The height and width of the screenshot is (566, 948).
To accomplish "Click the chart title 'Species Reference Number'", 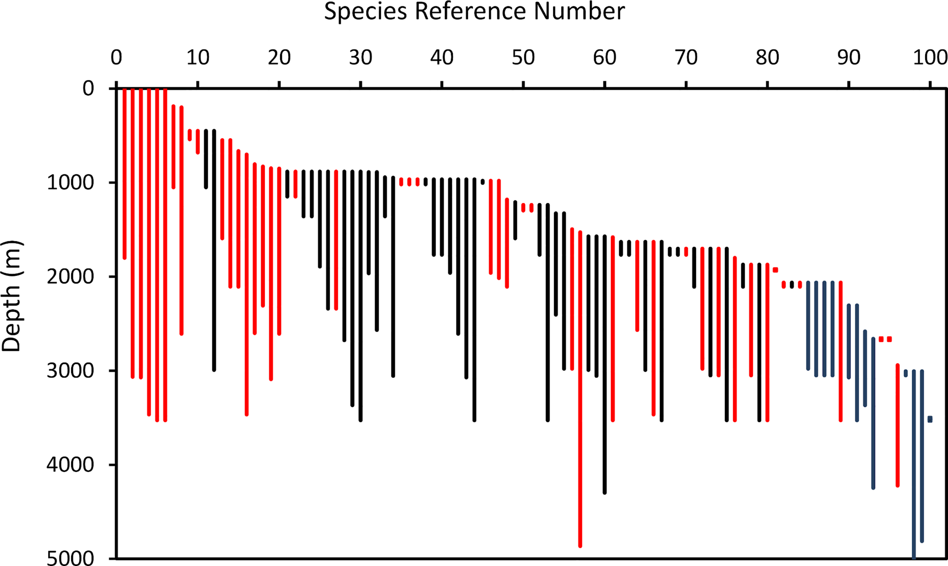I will click(x=474, y=11).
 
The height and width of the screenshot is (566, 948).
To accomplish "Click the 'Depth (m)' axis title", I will click(x=11, y=296).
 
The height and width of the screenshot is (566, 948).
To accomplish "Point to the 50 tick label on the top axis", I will click(x=523, y=58).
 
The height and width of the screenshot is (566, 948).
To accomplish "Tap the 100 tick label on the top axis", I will click(x=930, y=58).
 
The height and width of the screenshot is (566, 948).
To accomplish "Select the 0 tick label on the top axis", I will click(x=116, y=58).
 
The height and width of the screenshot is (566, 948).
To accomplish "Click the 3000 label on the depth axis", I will click(x=70, y=371).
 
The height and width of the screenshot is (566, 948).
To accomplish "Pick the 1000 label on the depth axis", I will click(x=70, y=183).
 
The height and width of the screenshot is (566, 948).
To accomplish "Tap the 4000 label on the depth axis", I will click(x=70, y=464).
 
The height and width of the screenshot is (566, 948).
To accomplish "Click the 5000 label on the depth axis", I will click(x=70, y=558).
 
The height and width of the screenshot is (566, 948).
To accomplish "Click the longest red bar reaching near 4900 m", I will click(x=580, y=389).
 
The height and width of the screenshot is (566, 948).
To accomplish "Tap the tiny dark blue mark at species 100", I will click(x=930, y=419).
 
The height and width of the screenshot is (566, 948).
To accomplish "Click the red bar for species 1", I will click(x=124, y=174).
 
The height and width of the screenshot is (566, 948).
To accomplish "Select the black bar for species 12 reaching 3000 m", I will click(x=214, y=250).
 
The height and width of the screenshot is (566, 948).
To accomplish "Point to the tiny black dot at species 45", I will click(x=483, y=181).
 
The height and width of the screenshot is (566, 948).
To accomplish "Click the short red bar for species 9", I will click(x=190, y=135).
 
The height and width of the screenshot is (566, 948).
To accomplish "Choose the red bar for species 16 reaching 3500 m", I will click(x=246, y=284).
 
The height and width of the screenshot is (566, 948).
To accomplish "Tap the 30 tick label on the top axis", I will click(x=360, y=58).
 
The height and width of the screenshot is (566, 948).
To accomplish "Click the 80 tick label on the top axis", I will click(x=767, y=58).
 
